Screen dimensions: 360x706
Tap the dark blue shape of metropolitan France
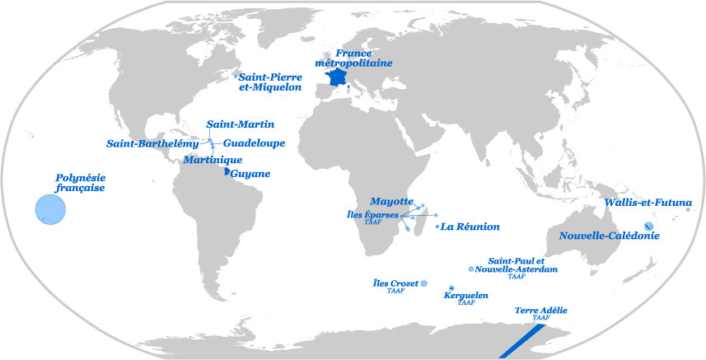(336, 79)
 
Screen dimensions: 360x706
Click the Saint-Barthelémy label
(152, 143)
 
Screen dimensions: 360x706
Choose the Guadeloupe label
(254, 143)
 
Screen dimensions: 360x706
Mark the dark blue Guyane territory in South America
(227, 172)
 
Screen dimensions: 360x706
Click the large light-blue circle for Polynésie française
(50, 210)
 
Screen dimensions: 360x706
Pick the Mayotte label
(391, 201)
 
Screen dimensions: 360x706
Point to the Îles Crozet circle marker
(424, 283)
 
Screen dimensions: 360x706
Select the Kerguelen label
(466, 295)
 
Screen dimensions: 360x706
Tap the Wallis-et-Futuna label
(648, 203)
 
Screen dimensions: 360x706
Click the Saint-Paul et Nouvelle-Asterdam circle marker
(470, 269)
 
